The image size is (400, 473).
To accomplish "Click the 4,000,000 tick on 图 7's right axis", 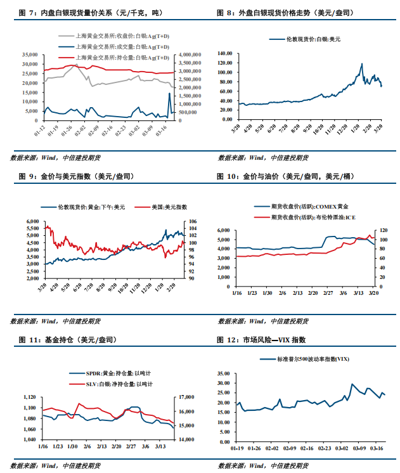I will [x=189, y=55].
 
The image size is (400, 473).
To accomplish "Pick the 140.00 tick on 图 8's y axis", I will [x=226, y=55].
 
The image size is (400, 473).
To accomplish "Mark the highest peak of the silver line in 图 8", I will [x=362, y=64].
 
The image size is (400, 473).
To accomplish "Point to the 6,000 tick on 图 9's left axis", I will [x=31, y=221].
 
